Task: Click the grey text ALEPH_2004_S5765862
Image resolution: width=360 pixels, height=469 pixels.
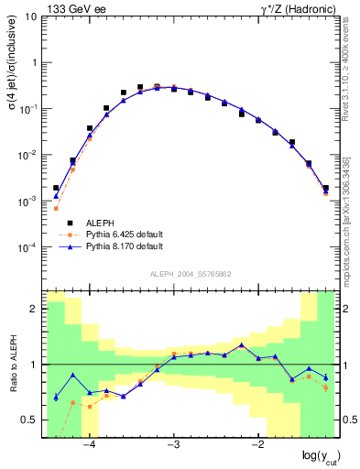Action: (190, 274)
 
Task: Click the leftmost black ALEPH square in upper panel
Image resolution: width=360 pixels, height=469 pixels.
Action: (56, 188)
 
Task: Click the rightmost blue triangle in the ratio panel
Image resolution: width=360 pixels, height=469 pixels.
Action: (325, 377)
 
